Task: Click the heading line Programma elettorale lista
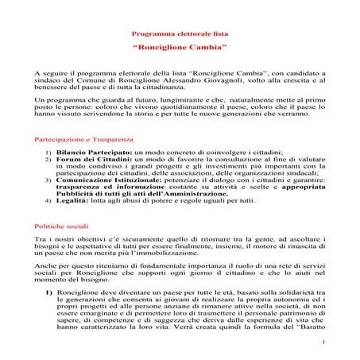pos(180,36)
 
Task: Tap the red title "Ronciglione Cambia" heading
pos(180,49)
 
